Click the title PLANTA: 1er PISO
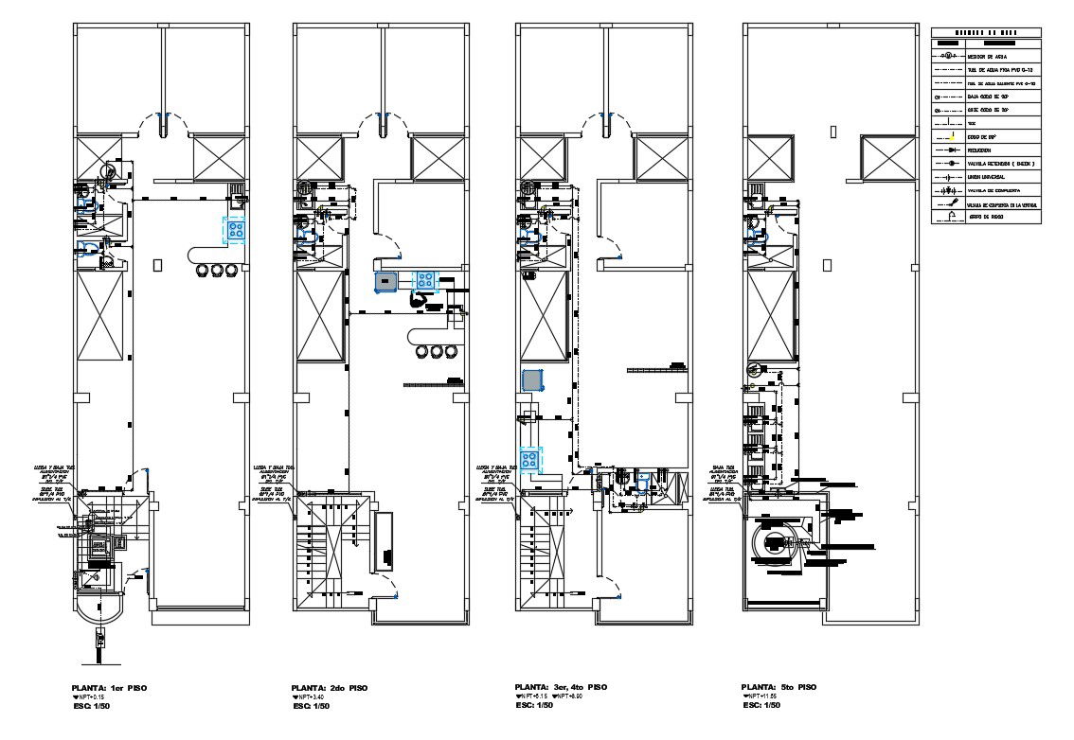pos(109,687)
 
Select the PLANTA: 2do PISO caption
pos(331,687)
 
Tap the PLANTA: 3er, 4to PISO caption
pos(561,687)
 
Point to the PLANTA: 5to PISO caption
pos(779,687)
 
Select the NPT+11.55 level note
pos(763,696)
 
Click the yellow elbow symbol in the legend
pos(950,137)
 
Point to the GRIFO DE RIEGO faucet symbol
pos(949,217)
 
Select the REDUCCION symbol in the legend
pos(949,150)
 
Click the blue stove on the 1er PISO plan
pos(235,229)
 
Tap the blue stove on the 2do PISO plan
pos(423,279)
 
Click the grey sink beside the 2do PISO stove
pos(385,280)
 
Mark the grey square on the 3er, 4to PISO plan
pos(532,380)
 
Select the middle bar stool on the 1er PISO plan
pos(218,270)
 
